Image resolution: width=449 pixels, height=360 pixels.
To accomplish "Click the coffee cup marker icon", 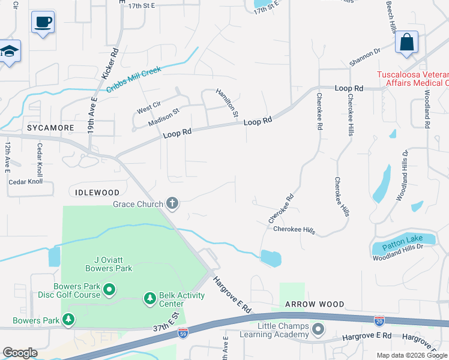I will [x=43, y=23].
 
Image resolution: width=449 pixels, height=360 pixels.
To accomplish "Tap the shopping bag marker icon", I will [x=406, y=43].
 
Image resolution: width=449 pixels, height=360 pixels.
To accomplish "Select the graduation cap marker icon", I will [x=9, y=52].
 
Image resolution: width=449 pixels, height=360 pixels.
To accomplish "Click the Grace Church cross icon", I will [x=172, y=204].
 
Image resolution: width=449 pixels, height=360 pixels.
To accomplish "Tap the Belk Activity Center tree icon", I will [x=149, y=298].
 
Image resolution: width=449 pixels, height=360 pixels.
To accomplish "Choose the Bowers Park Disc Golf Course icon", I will [x=109, y=290].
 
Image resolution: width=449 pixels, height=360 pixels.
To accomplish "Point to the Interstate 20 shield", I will [x=379, y=321].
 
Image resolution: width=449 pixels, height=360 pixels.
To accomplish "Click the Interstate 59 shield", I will [x=184, y=331].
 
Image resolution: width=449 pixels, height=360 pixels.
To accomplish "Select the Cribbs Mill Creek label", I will [x=134, y=79].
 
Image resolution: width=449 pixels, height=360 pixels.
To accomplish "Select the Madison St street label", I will [x=164, y=116].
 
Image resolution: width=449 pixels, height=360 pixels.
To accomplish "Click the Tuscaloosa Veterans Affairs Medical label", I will [x=412, y=79].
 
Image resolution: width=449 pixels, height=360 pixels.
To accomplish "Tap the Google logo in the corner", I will [x=20, y=353].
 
